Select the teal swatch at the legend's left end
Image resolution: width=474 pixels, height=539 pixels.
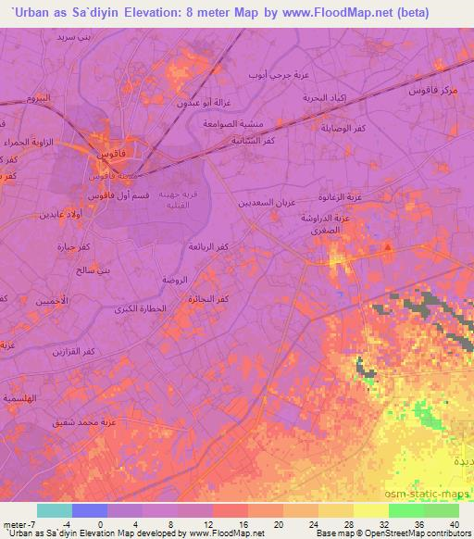tap(54, 510)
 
